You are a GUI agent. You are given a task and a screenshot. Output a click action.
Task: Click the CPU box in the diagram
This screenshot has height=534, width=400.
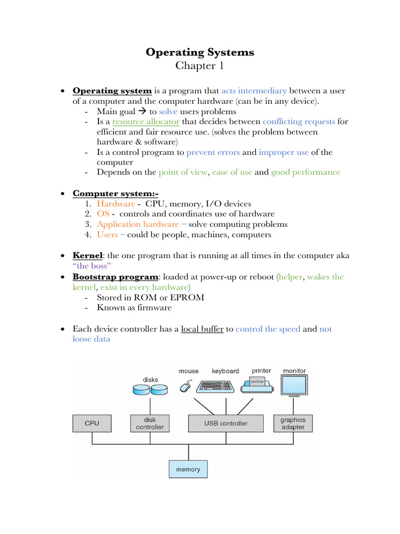pyautogui.click(x=92, y=423)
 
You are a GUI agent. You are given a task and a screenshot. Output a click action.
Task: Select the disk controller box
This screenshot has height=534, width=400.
pyautogui.click(x=149, y=423)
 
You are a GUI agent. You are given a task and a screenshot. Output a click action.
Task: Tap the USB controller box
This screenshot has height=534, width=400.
pyautogui.click(x=226, y=423)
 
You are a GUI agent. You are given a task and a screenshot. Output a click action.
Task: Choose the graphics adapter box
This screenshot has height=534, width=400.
pyautogui.click(x=293, y=423)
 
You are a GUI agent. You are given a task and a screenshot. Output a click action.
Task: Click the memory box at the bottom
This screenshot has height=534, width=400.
pyautogui.click(x=188, y=469)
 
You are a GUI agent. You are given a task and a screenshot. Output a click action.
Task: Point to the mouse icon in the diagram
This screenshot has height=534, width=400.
pyautogui.click(x=185, y=386)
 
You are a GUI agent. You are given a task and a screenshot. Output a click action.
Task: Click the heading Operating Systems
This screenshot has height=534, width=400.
pyautogui.click(x=200, y=52)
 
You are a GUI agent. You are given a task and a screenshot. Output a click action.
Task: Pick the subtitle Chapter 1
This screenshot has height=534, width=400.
pyautogui.click(x=195, y=66)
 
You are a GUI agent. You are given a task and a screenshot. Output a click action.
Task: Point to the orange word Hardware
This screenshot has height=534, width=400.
pyautogui.click(x=116, y=204)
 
